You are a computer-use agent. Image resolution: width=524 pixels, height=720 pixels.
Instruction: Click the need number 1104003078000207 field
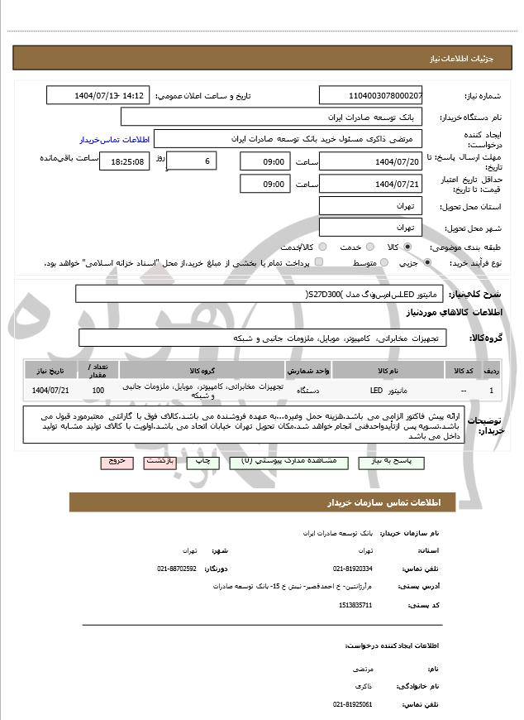click(x=370, y=96)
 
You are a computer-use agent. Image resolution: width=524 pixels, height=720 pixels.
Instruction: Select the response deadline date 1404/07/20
click(x=370, y=161)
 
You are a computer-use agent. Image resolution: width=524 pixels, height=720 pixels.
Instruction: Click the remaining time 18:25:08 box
click(x=124, y=161)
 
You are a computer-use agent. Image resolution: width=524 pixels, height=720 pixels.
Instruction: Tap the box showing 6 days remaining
click(x=192, y=161)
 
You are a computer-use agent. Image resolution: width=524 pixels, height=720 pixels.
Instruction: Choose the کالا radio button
click(x=407, y=247)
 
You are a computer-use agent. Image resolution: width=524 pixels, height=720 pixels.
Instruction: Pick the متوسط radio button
click(x=383, y=262)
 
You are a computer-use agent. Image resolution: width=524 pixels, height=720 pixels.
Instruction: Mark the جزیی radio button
click(x=427, y=262)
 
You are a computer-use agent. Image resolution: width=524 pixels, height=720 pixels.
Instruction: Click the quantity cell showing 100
click(x=98, y=390)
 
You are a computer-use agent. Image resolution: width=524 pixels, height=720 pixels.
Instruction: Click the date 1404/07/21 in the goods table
click(x=50, y=390)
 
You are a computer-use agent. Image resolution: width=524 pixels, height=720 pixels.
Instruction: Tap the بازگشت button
click(x=160, y=462)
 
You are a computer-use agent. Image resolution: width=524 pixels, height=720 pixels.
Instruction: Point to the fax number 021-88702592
click(x=177, y=569)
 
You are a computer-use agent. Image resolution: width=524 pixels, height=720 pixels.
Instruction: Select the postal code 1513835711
click(x=355, y=605)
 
